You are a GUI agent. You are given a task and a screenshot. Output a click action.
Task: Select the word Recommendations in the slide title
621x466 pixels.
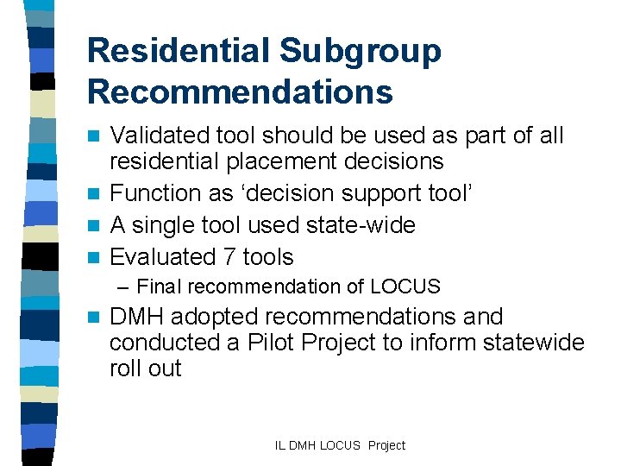240,91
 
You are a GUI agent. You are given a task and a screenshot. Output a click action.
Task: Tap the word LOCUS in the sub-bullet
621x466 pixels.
409,287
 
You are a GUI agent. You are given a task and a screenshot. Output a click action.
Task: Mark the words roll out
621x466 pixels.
146,368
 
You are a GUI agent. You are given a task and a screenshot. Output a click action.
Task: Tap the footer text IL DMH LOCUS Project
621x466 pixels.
340,445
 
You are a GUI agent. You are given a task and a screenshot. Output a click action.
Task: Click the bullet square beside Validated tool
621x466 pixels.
97,136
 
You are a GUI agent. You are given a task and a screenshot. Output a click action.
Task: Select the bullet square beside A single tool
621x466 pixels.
97,226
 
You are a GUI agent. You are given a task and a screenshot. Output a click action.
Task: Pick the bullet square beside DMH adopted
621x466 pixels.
97,318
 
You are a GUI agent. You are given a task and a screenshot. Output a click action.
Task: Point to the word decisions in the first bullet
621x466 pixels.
401,161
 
